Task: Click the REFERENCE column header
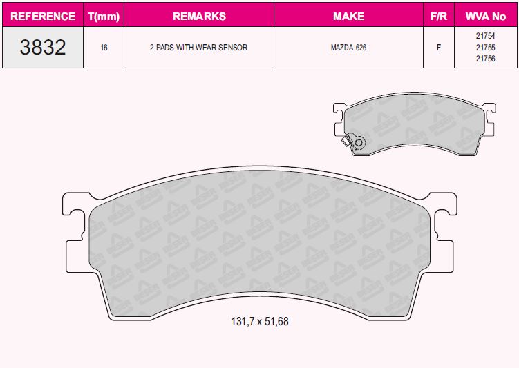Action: [x=43, y=16]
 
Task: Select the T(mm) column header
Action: [x=104, y=16]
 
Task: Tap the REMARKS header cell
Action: [x=199, y=16]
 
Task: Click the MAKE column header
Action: [x=348, y=16]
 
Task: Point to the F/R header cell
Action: [x=438, y=16]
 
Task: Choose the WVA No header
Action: [x=485, y=16]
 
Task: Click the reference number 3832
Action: [x=43, y=48]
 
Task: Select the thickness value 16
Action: [x=104, y=48]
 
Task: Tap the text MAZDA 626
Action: [x=348, y=48]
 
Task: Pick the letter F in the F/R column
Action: [x=438, y=48]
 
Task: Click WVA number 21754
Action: [x=485, y=36]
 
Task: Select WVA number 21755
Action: [x=485, y=48]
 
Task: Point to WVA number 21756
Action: [x=485, y=59]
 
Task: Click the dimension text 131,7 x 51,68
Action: [x=259, y=322]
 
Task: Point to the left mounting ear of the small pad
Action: [x=339, y=121]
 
